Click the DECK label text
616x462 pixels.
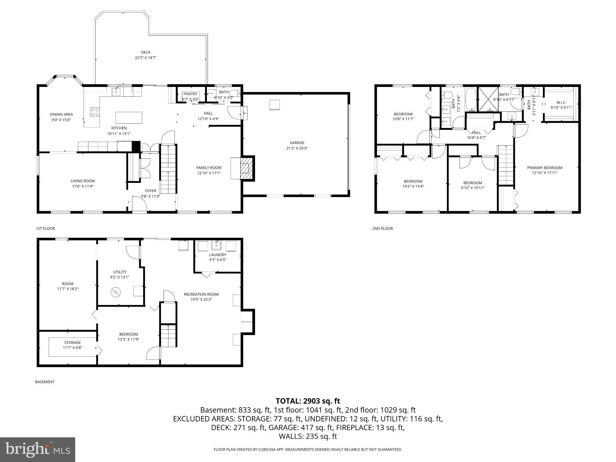point(146,52)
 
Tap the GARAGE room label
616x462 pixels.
point(297,143)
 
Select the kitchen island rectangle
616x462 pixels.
point(129,118)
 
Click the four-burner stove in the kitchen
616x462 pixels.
point(95,112)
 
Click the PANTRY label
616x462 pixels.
point(190,94)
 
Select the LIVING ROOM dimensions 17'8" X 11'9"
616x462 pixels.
point(82,186)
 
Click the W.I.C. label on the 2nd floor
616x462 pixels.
point(561,103)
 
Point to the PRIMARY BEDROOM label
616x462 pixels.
point(545,168)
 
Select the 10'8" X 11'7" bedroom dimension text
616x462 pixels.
point(403,119)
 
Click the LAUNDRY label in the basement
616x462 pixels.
point(218,255)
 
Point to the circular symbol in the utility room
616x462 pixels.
point(116,291)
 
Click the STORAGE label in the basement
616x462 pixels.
point(72,343)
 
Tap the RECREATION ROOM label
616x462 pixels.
point(201,294)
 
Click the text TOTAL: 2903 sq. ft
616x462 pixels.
point(308,401)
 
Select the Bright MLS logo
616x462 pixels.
point(38,450)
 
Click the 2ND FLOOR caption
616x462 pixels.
point(383,229)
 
